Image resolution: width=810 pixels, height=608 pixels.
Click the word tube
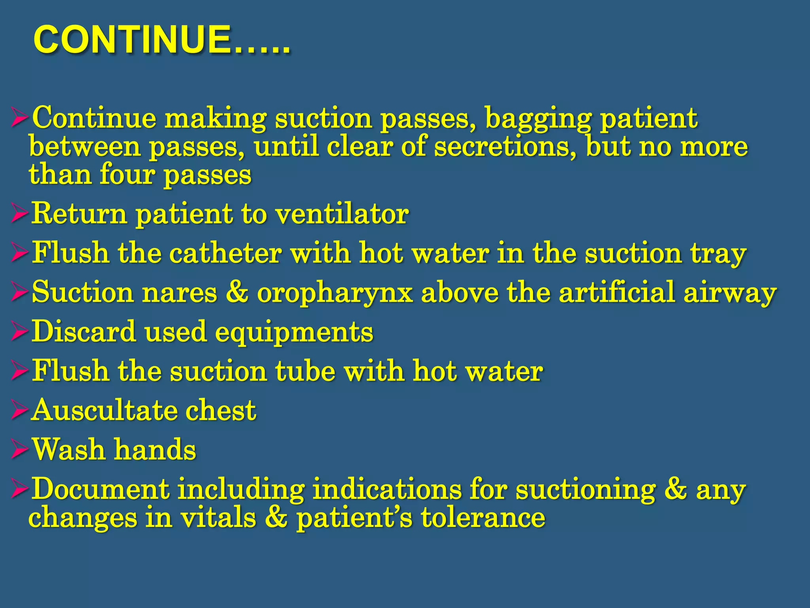[305, 371]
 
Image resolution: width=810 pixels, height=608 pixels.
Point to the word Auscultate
[104, 410]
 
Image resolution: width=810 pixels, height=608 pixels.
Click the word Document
[100, 489]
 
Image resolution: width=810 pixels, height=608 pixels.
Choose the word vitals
[218, 517]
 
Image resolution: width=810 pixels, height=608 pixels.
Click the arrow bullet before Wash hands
[19, 450]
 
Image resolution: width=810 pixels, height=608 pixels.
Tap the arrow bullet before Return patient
[19, 214]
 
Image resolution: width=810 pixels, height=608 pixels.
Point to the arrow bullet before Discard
[19, 332]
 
